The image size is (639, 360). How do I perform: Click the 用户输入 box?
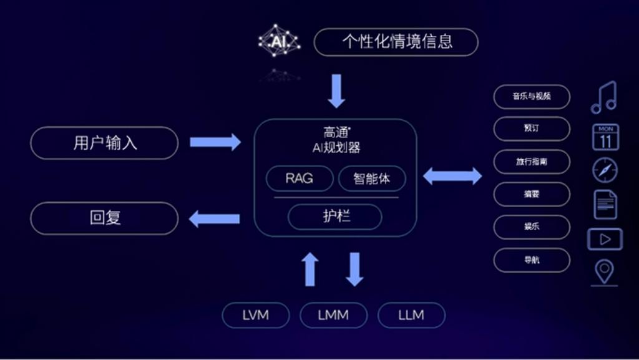(104, 143)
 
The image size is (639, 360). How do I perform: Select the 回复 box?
(104, 218)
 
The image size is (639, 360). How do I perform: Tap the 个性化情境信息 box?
(396, 42)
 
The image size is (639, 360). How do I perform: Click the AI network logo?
(279, 41)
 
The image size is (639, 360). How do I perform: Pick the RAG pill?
(299, 178)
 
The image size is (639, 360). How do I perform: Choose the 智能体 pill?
(371, 178)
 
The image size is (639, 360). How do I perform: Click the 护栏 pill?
(335, 216)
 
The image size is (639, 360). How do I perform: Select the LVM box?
(255, 315)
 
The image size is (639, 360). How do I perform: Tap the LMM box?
(333, 315)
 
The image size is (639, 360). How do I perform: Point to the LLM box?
(411, 315)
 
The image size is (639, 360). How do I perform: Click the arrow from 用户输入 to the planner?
(215, 142)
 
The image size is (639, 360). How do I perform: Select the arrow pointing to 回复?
(215, 218)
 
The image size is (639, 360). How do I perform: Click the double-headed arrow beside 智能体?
(452, 177)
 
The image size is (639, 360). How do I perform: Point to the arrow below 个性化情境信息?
(336, 90)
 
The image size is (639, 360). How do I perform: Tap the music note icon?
(603, 97)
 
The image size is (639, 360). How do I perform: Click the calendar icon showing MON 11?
(605, 137)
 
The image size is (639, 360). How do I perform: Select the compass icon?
(605, 170)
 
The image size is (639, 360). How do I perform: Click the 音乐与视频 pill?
(532, 97)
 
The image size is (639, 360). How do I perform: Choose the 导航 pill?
(532, 260)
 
